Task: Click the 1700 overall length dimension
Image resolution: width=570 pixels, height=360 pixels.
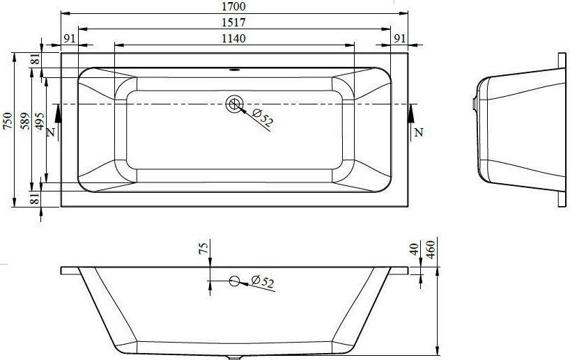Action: point(233,6)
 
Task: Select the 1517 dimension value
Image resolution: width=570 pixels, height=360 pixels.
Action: point(233,22)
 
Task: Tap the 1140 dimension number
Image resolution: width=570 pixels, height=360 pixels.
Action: point(233,38)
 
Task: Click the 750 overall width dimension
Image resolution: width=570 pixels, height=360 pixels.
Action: point(8,121)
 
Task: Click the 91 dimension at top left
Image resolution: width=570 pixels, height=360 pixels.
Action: point(69,38)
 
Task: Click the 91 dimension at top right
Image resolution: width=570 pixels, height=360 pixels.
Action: point(399,38)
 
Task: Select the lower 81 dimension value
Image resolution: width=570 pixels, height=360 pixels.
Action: point(35,198)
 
